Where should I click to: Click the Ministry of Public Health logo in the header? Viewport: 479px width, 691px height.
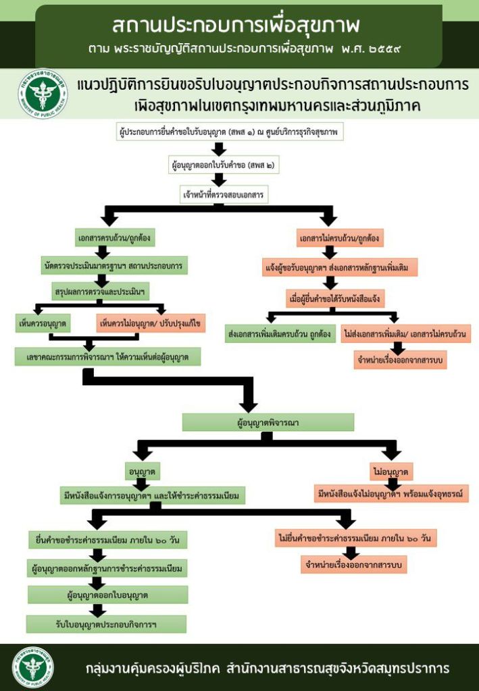pos(43,94)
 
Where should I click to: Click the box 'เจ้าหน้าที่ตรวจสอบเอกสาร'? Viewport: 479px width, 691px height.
pos(224,195)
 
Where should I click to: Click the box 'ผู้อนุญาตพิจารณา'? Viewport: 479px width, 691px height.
pos(268,422)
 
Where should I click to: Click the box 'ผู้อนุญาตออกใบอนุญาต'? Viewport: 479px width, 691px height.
pos(107,595)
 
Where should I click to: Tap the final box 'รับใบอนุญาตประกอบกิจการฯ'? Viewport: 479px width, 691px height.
pos(107,624)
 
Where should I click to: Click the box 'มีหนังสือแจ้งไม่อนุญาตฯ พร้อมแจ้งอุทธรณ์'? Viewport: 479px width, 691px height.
pos(392,494)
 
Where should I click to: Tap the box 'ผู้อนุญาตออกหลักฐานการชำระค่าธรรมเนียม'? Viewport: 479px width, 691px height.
pos(107,569)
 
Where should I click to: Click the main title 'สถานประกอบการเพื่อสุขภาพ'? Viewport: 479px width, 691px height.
pos(236,25)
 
